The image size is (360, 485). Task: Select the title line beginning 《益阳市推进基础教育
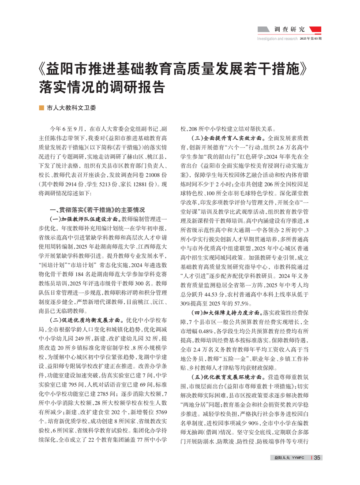[172, 69]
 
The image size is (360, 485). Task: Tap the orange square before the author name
[41, 107]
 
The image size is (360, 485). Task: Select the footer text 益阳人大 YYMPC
[290, 458]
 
